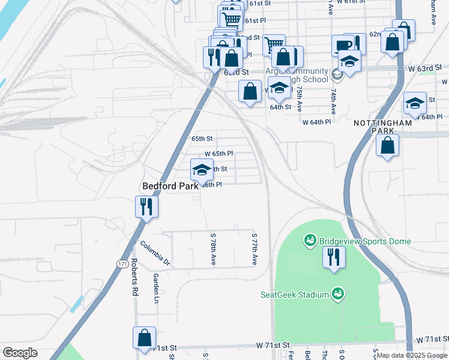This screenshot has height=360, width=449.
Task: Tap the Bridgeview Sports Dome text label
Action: point(365,241)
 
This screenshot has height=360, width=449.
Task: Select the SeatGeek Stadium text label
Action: point(294,294)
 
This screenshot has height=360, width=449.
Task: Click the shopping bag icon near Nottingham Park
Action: point(387,145)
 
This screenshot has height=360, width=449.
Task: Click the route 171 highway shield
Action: point(121,263)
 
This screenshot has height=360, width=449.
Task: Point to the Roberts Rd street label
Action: point(134,277)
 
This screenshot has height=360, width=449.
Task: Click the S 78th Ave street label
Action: point(213,249)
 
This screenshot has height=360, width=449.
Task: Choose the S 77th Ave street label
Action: point(255,249)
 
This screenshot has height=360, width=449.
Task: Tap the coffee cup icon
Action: point(344,45)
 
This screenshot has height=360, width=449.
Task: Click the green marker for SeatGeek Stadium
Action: point(338,293)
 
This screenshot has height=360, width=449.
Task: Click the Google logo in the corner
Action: point(20,353)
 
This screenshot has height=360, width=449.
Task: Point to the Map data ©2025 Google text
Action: point(412,355)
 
